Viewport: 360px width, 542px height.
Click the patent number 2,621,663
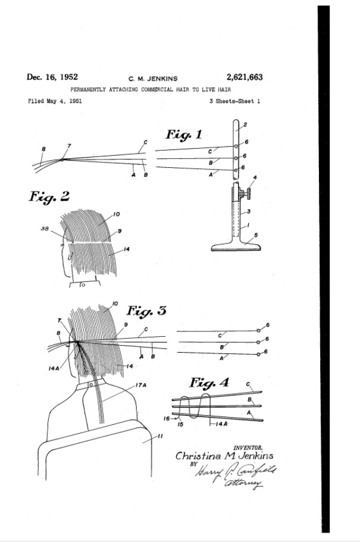(x=244, y=77)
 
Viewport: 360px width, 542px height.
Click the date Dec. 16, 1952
(x=52, y=77)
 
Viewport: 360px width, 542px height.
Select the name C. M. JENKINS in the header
(x=152, y=78)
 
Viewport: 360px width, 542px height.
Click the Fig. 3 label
(x=146, y=311)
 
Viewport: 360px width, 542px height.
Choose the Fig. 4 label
(x=209, y=382)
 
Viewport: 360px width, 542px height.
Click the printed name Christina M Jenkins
(x=224, y=456)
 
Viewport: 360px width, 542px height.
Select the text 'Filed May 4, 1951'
(x=55, y=101)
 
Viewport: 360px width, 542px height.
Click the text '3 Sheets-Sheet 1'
(x=234, y=101)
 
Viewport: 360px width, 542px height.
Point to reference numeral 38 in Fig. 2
(x=44, y=228)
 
